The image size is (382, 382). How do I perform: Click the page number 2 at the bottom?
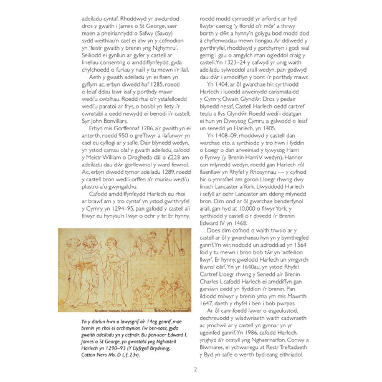coord(195,369)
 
